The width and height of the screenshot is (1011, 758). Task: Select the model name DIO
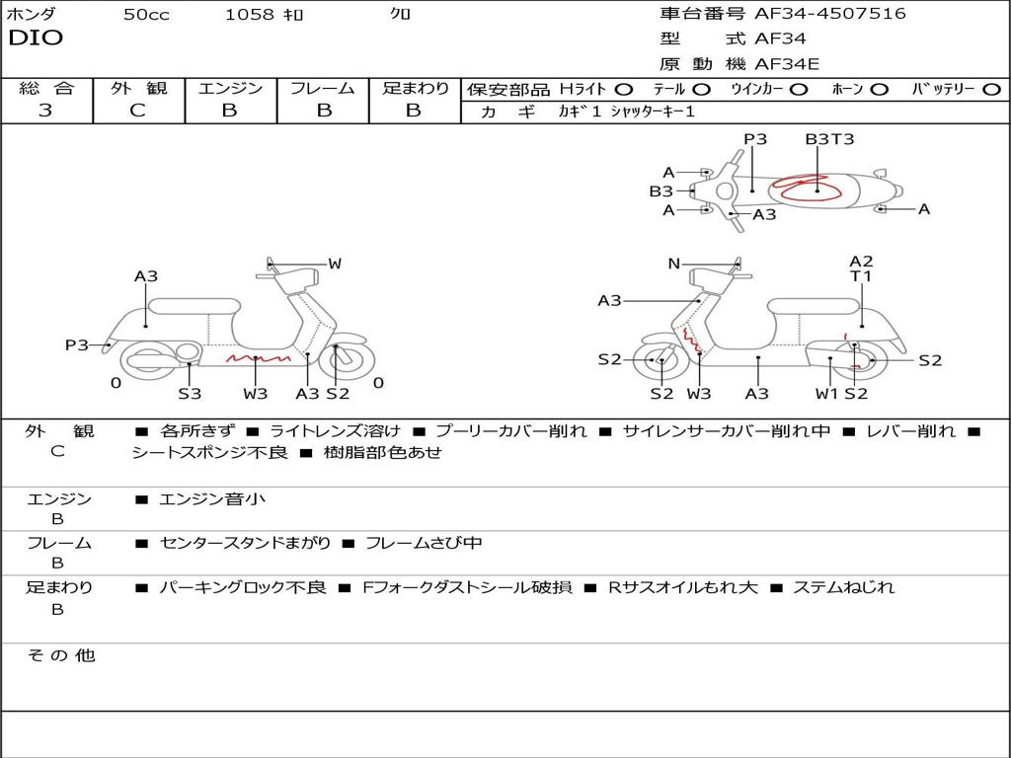[36, 38]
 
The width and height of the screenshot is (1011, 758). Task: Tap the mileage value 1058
[250, 15]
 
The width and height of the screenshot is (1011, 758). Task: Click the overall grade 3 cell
[45, 111]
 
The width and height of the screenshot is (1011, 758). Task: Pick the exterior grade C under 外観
[137, 111]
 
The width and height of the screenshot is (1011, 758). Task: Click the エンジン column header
[230, 88]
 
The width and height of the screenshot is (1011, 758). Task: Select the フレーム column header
[322, 88]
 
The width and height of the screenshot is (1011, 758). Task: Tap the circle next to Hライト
[624, 90]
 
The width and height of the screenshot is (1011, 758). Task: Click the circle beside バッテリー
[990, 90]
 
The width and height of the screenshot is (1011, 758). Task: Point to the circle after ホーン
[880, 90]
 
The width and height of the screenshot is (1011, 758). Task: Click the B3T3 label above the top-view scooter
[829, 139]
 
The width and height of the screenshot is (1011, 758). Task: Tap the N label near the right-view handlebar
[674, 264]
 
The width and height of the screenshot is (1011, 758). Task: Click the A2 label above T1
[861, 262]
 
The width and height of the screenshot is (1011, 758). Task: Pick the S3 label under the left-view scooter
[190, 394]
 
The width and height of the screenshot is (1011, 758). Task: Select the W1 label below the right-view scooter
[826, 394]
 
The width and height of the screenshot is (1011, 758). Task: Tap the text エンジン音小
[212, 499]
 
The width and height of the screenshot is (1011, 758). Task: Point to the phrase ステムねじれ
[843, 587]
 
